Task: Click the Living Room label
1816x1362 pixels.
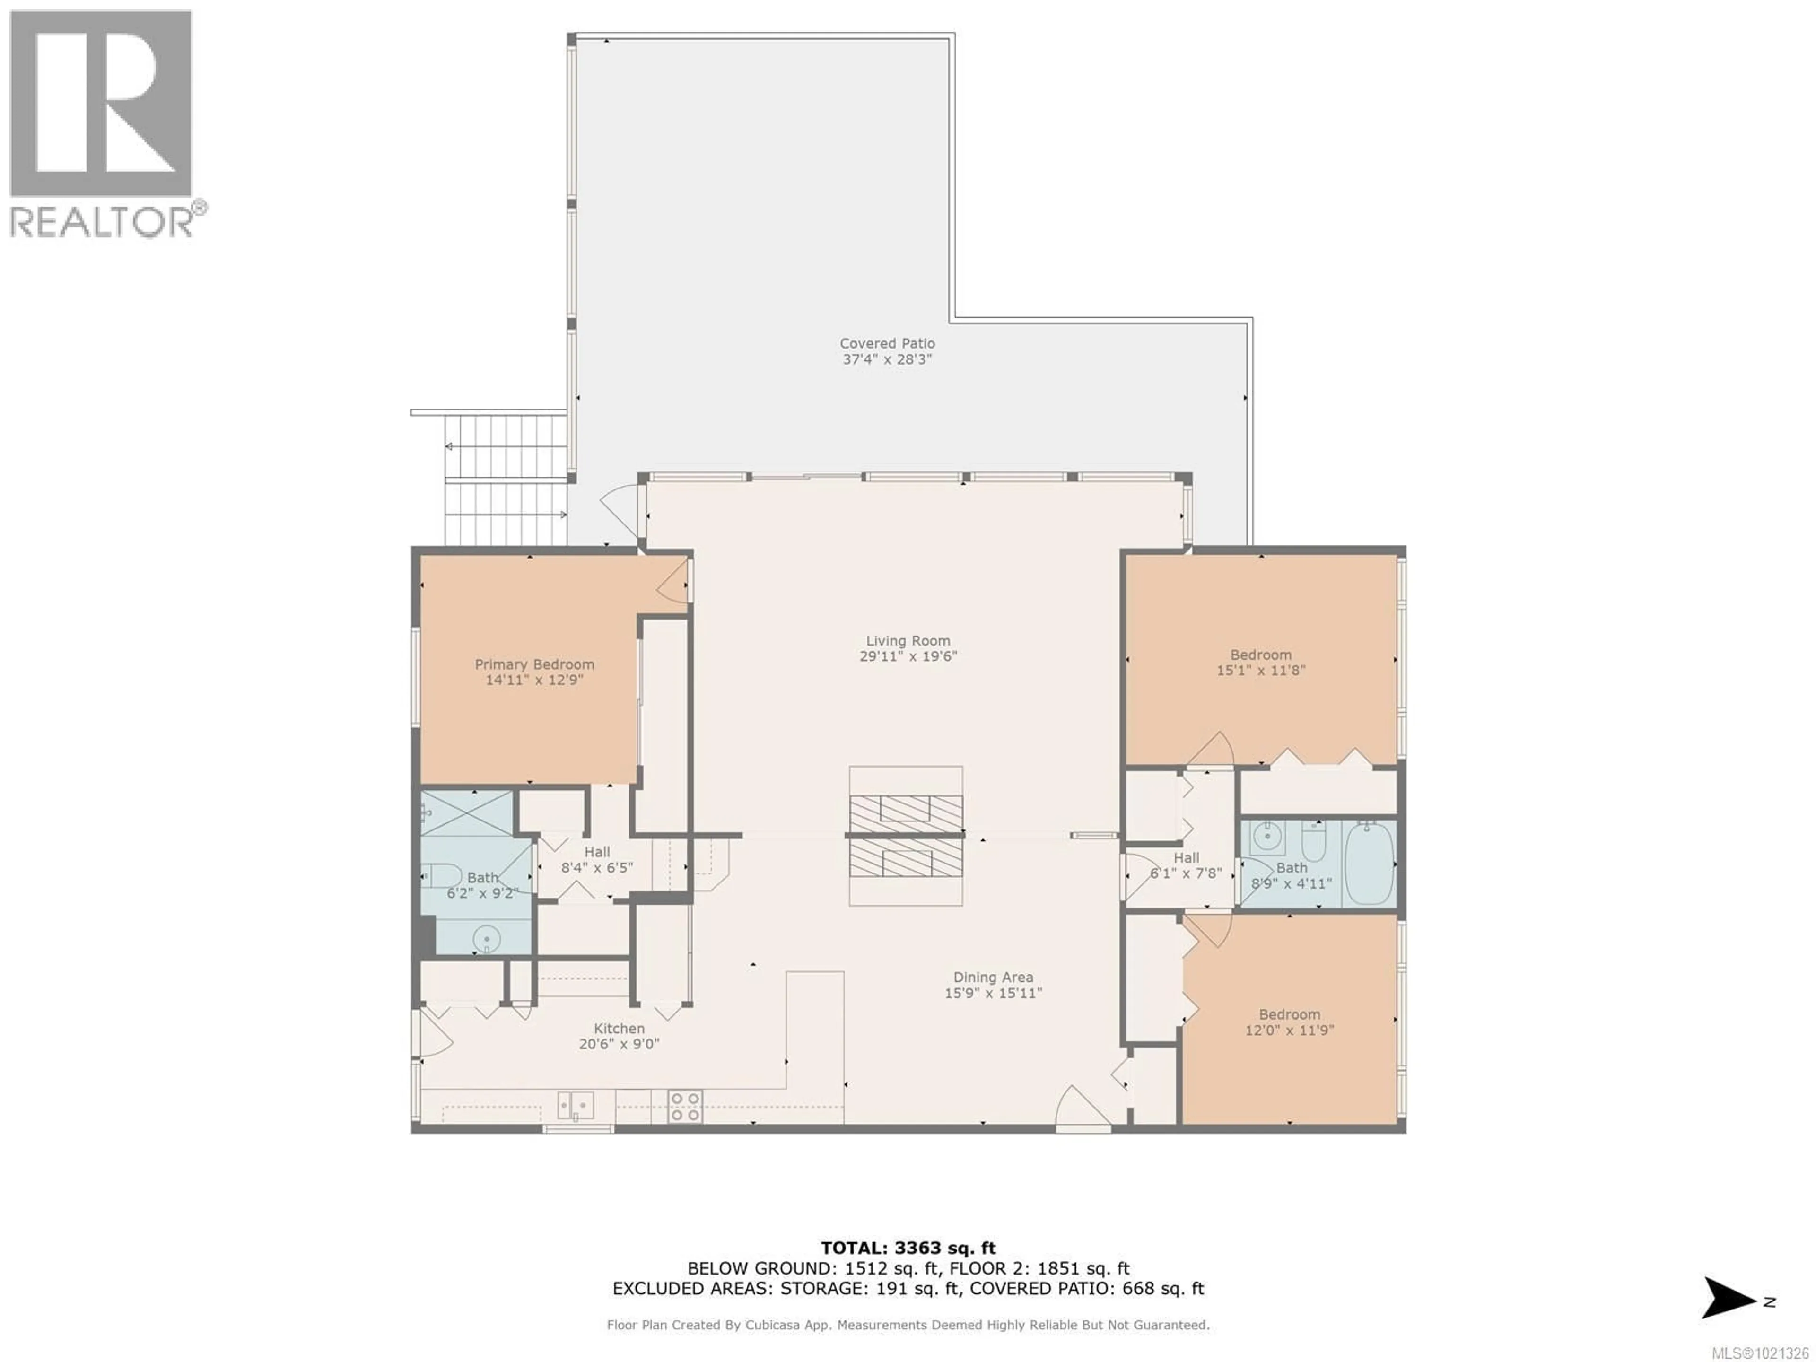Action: [908, 640]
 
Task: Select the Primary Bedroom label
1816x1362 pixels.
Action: [534, 664]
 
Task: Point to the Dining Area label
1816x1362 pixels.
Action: [993, 977]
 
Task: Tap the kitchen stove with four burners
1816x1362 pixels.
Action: [685, 1106]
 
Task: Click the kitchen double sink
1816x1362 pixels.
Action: [576, 1105]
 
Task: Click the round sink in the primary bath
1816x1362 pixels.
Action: [487, 937]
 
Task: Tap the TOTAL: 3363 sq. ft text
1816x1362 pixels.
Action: [908, 1248]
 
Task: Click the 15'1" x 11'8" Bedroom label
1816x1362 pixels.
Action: [1260, 655]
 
